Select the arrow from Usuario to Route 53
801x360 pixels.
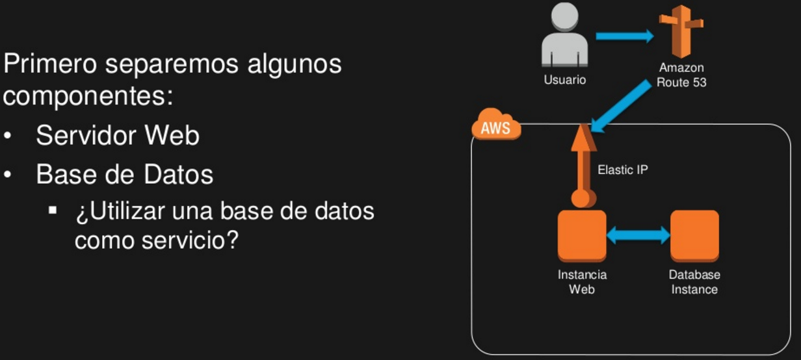[624, 36]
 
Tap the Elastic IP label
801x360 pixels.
[622, 170]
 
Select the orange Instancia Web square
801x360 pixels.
[582, 235]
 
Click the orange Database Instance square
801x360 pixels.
[694, 235]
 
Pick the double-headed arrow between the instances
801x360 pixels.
[638, 235]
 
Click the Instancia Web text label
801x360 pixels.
[582, 282]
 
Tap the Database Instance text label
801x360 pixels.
[694, 282]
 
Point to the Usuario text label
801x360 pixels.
[564, 81]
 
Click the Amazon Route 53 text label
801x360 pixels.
[681, 75]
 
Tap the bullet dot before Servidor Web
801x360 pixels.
[8, 136]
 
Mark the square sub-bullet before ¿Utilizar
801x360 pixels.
[53, 211]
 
